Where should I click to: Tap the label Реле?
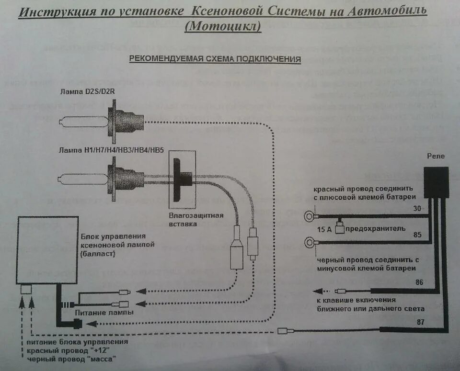pos(435,156)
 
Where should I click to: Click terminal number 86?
pos(419,282)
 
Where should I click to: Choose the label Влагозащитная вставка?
pos(196,219)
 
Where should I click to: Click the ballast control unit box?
pos(47,249)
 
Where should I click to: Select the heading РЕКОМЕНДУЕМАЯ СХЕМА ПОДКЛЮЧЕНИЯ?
pos(214,59)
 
